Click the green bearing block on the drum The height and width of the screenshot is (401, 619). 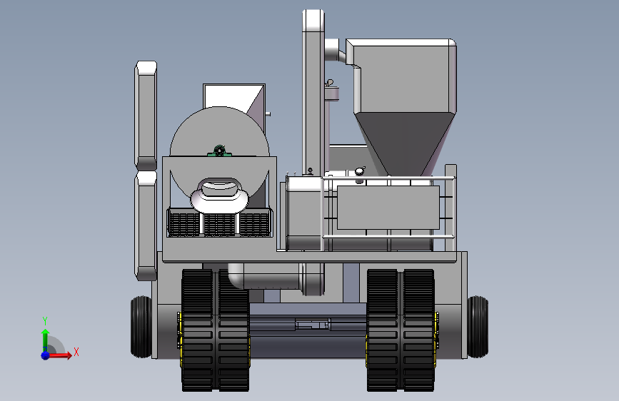[x=219, y=151]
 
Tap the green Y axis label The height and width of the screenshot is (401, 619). [x=45, y=320]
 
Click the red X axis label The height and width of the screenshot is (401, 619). [x=76, y=352]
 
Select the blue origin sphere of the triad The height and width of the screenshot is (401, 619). [x=46, y=355]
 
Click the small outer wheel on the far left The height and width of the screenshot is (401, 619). [x=141, y=327]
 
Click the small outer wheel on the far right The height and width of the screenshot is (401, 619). [x=478, y=327]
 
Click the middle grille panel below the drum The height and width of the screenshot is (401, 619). [x=219, y=224]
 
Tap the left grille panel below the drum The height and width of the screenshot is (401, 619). [x=184, y=224]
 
